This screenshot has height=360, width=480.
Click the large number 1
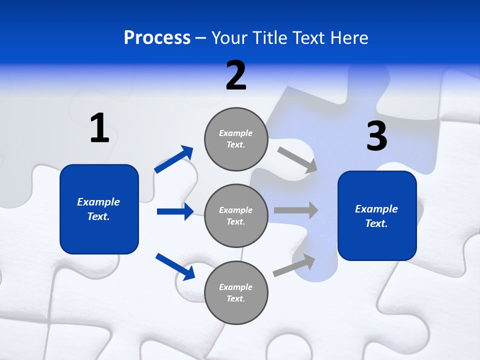click(99, 128)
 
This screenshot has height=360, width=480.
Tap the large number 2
click(236, 75)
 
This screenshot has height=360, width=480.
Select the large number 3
click(376, 136)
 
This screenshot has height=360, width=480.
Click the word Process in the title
click(157, 37)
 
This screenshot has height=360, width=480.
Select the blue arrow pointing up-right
click(174, 159)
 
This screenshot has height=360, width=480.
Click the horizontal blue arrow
click(175, 211)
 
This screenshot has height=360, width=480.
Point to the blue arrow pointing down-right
click(175, 266)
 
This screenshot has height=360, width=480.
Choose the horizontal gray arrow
click(295, 210)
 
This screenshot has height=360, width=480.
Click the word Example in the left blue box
click(98, 202)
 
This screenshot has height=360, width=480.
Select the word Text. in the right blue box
click(376, 223)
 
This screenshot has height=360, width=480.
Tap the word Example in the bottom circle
click(236, 287)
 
